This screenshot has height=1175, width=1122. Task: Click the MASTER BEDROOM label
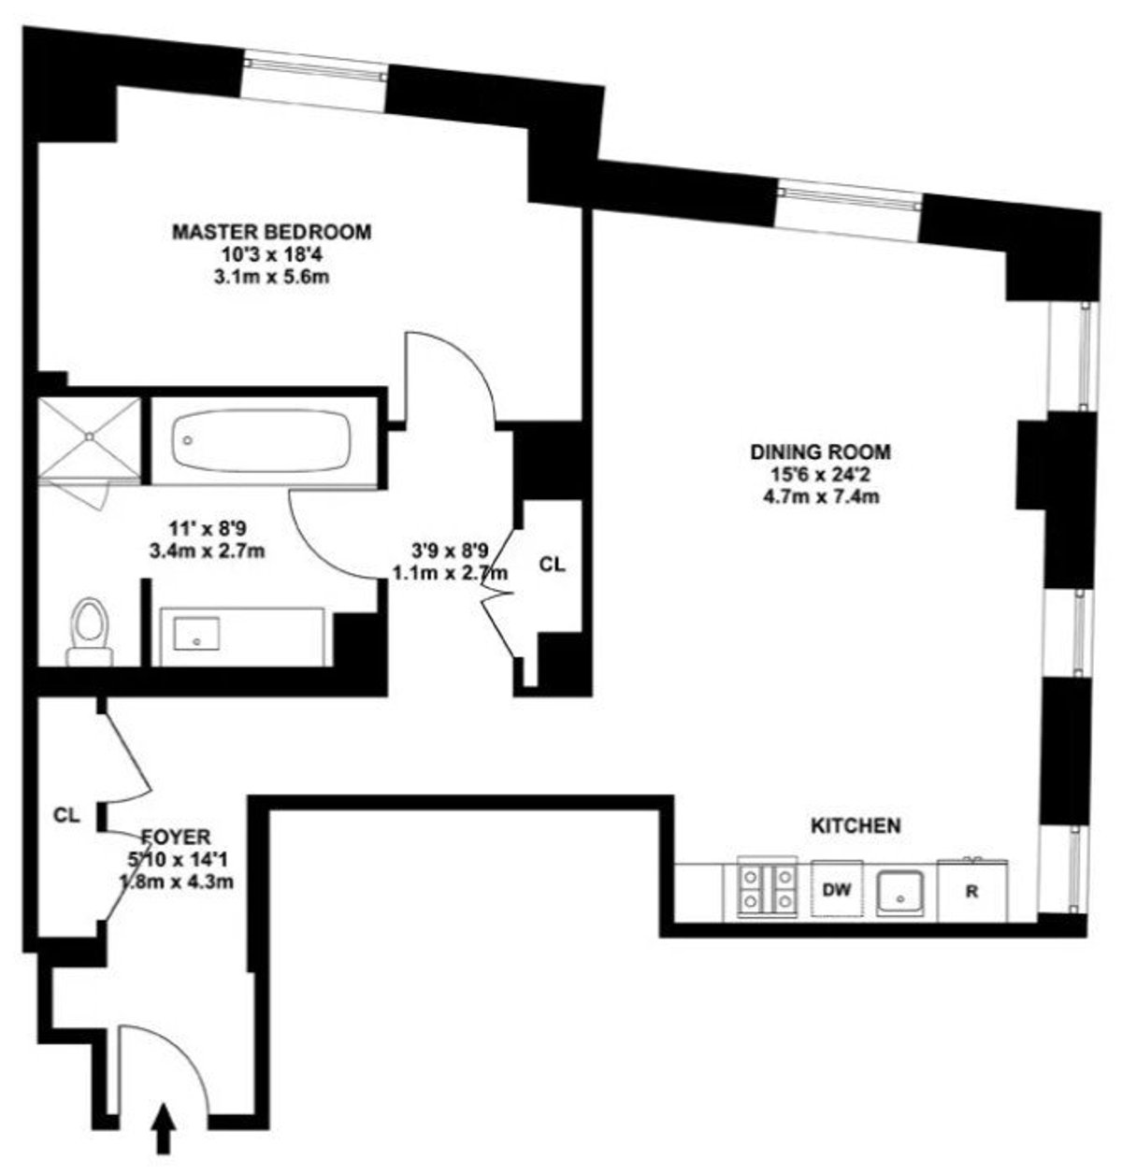coord(271,231)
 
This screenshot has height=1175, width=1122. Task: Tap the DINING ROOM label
coord(820,452)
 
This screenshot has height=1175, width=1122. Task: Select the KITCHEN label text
coord(855,825)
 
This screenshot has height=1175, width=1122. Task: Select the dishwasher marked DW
coord(837,890)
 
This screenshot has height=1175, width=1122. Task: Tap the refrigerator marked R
coord(971,891)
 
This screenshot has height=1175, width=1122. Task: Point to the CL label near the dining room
coord(553,566)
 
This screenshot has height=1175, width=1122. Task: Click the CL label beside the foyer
coord(65,815)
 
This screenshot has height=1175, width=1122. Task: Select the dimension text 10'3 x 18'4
coord(271,253)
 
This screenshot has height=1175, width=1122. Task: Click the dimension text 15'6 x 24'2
coord(820,475)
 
